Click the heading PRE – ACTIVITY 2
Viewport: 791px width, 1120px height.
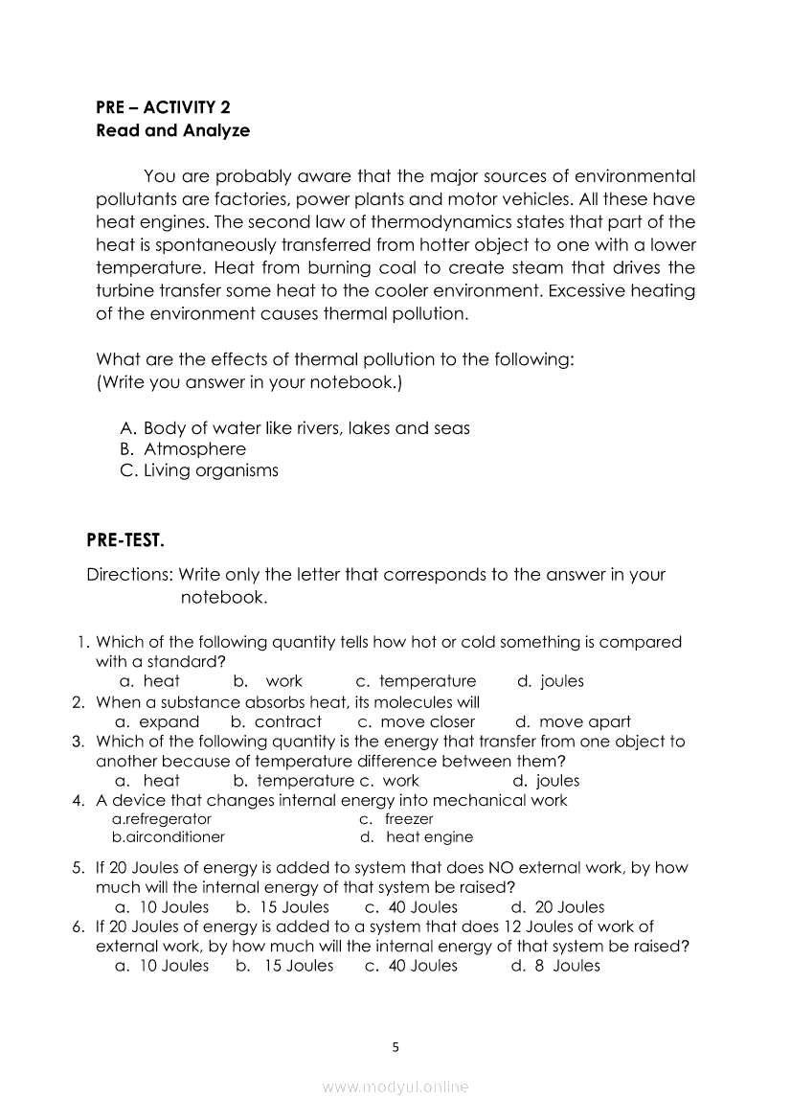[163, 107]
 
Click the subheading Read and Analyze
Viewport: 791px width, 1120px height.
[172, 130]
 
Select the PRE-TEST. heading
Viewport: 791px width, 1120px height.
[125, 541]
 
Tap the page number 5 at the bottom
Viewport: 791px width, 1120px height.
[395, 1046]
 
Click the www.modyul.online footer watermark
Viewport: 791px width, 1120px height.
[395, 1086]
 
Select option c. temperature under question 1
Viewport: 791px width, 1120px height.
[416, 681]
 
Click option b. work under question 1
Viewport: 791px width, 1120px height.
[268, 681]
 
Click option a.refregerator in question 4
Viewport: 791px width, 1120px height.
[162, 819]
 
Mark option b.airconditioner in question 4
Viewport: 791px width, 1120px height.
[169, 836]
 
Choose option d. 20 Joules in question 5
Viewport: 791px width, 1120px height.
[557, 906]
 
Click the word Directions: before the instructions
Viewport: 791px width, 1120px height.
[129, 575]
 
